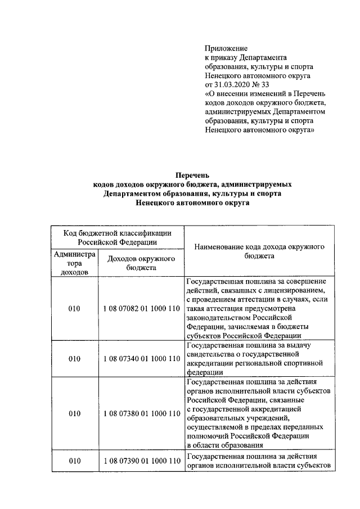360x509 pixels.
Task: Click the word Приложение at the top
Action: [226, 49]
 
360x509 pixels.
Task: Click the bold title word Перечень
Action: [192, 175]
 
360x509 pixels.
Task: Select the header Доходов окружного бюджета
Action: [141, 263]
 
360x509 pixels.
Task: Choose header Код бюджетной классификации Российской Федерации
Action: [117, 237]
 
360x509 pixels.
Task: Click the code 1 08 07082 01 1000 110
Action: [141, 309]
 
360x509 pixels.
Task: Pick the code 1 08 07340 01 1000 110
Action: [141, 358]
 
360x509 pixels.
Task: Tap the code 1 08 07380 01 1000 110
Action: [141, 413]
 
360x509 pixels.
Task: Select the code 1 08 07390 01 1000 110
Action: [141, 461]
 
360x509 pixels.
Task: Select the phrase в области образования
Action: [222, 445]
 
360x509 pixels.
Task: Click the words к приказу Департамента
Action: [246, 58]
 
